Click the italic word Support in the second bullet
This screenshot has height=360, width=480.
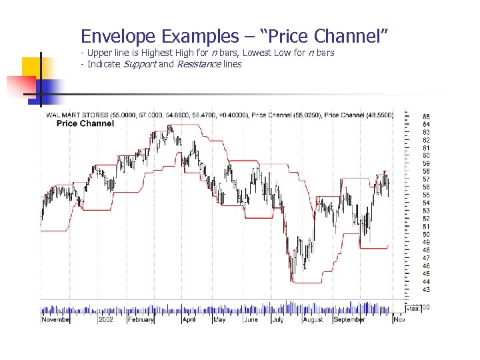139,64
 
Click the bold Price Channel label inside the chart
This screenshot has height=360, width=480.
85,123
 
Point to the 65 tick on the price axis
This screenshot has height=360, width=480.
426,116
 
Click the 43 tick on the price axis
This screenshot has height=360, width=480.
426,289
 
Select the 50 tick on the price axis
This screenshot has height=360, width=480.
426,234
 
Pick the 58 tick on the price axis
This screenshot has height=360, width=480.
426,171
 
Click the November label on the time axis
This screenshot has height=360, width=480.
56,320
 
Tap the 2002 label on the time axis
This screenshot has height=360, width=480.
105,320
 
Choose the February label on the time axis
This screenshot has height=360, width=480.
140,320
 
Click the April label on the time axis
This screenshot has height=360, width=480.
189,320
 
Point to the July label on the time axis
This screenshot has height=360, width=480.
278,320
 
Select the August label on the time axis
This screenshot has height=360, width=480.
312,320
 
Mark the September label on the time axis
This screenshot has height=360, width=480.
349,320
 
